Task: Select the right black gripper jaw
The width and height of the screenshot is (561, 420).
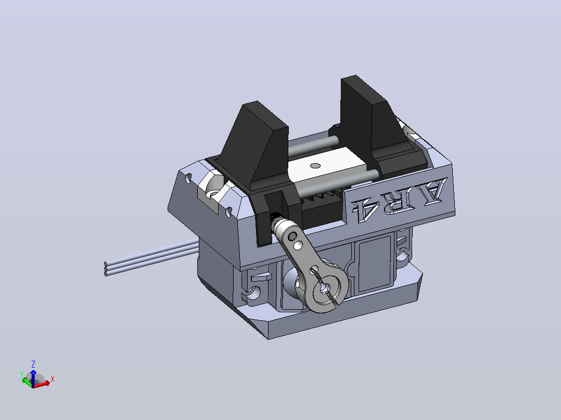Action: (x=368, y=118)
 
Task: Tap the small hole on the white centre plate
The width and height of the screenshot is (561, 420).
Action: (x=315, y=165)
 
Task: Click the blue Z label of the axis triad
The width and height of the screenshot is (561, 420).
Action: (x=33, y=364)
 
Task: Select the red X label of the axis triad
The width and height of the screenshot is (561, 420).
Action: (x=52, y=379)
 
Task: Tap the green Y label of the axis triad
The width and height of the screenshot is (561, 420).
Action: (x=21, y=375)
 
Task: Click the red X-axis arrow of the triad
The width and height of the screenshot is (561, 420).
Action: (x=42, y=384)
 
